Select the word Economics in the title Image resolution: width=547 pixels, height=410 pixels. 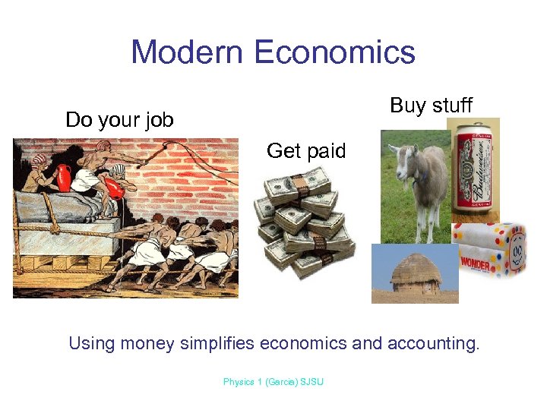coord(335,52)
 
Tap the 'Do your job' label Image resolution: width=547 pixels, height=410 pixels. coord(119,120)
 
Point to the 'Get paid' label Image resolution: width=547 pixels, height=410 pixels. coord(306,151)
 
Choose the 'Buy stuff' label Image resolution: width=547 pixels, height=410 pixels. coord(431,106)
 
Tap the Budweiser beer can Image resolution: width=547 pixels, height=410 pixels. coord(474,171)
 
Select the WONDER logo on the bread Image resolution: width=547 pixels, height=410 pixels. coord(476,263)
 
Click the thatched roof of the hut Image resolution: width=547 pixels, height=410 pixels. coord(415,270)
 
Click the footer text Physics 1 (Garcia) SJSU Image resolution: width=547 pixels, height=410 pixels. coord(273,382)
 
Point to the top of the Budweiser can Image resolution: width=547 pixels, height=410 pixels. coord(474,126)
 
